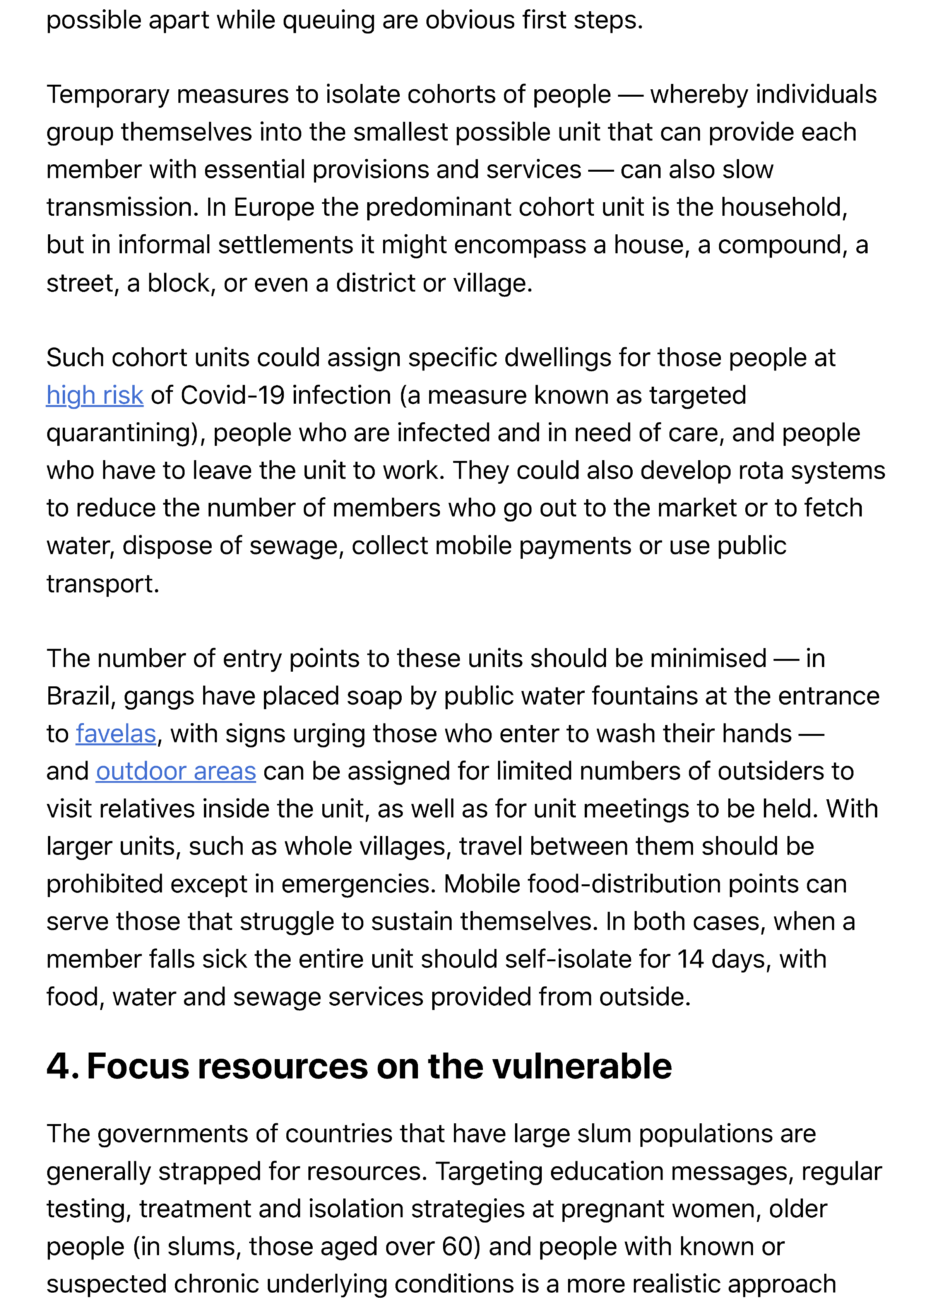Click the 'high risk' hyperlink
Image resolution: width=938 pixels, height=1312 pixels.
95,396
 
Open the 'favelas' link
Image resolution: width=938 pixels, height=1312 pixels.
116,734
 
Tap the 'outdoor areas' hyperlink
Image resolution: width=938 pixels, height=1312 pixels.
176,772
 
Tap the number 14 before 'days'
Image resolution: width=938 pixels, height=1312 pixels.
690,959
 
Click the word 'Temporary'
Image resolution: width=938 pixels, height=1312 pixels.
108,95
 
